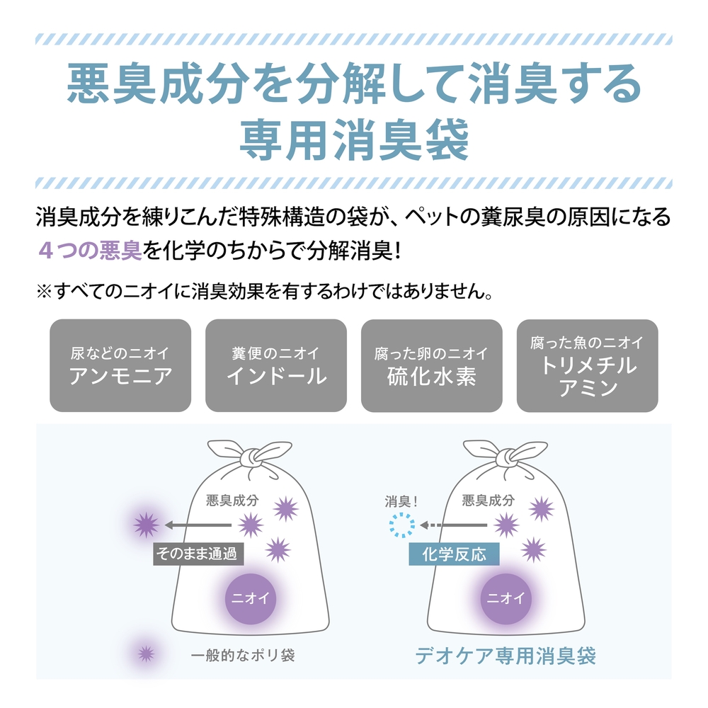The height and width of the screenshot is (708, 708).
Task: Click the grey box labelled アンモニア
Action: (x=120, y=365)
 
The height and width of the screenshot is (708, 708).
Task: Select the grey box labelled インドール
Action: (x=276, y=365)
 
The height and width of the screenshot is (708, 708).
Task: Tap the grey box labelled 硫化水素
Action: (x=432, y=365)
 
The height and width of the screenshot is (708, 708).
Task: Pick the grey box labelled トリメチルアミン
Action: (x=588, y=365)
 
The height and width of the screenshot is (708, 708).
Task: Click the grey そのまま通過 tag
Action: (x=198, y=554)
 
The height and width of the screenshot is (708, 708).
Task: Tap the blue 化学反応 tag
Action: (x=454, y=554)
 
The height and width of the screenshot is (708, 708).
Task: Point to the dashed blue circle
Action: (x=402, y=525)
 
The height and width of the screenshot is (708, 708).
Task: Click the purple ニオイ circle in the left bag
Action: (x=250, y=599)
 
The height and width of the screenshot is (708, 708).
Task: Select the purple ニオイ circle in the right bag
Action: (x=506, y=599)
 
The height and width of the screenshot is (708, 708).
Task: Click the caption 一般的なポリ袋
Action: (x=243, y=655)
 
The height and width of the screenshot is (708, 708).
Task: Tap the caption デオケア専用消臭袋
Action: (x=506, y=656)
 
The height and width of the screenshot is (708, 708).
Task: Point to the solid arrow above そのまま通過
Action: (x=198, y=525)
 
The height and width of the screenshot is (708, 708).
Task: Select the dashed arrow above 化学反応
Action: (x=453, y=525)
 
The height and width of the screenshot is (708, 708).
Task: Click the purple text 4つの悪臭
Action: (x=91, y=251)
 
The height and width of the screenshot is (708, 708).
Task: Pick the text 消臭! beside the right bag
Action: (x=401, y=501)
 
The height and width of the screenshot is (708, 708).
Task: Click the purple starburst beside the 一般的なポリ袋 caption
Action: (x=146, y=653)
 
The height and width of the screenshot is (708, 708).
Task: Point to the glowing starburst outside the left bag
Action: (x=147, y=525)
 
